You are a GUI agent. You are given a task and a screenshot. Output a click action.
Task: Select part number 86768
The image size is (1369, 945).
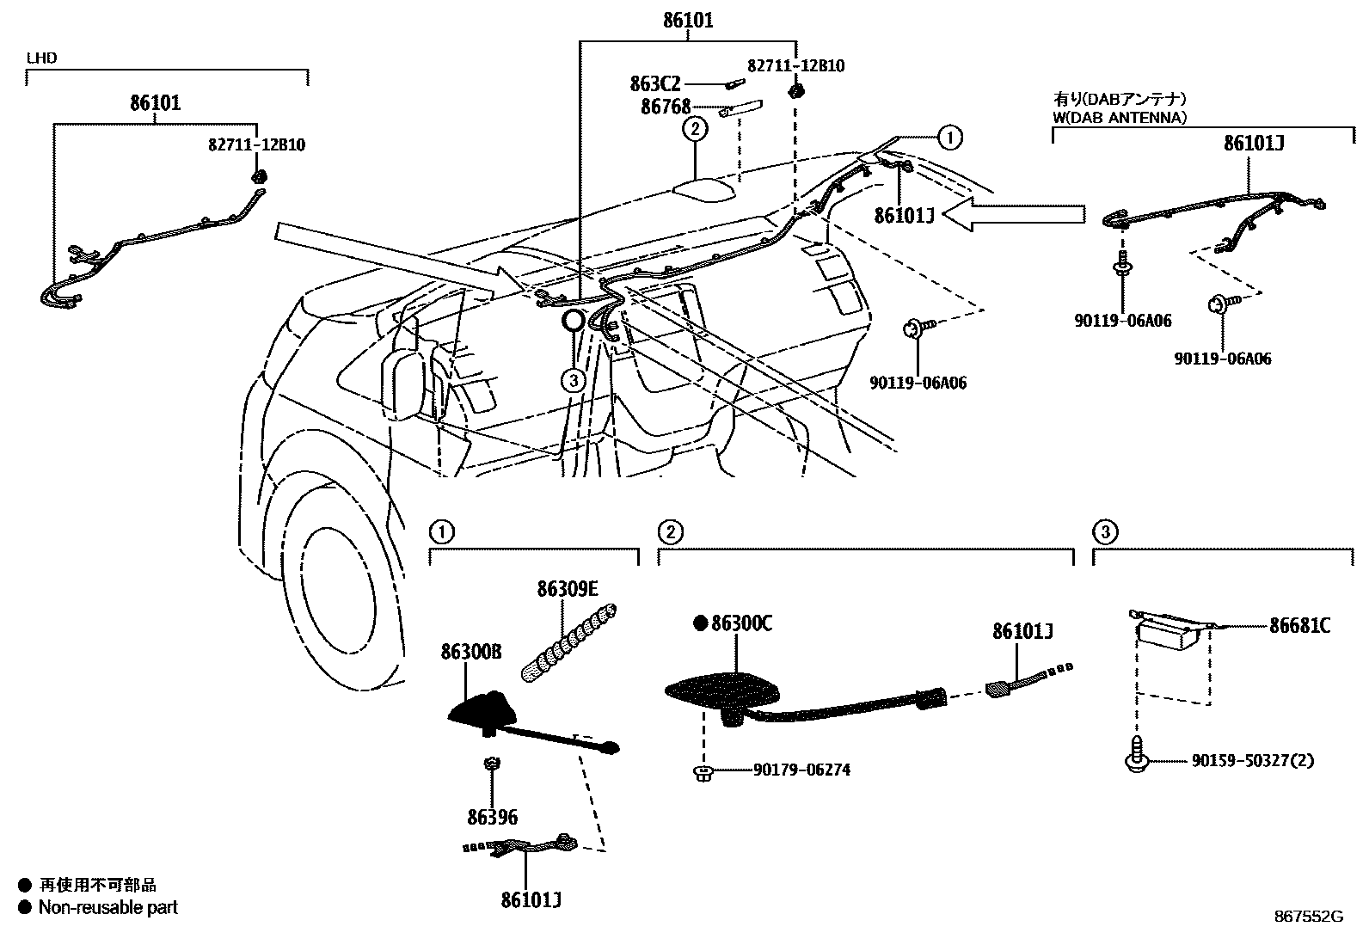(x=666, y=107)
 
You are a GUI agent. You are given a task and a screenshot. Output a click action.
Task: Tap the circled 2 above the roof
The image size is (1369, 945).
(x=695, y=129)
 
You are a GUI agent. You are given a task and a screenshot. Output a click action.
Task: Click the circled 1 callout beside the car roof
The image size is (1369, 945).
(x=949, y=136)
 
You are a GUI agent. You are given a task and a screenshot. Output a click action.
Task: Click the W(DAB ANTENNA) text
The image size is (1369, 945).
(x=1120, y=118)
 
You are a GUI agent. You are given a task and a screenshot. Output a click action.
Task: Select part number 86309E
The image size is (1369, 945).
(x=568, y=589)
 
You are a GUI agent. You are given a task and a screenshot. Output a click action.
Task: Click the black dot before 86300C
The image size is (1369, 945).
(x=700, y=623)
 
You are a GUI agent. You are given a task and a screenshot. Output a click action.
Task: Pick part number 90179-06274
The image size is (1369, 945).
(x=801, y=770)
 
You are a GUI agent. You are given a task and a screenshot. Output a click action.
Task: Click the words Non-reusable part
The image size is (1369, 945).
(x=107, y=907)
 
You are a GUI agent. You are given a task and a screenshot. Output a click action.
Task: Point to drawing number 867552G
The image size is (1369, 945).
(x=1308, y=917)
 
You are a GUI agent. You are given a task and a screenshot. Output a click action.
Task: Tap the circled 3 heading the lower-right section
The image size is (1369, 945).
(x=1105, y=532)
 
